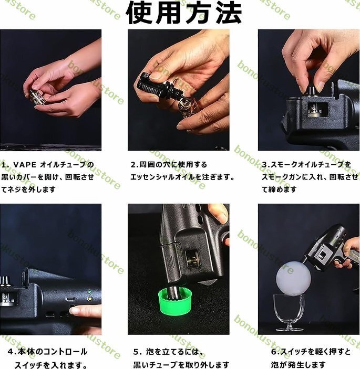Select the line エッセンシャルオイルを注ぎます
click(x=182, y=177)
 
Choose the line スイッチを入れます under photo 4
click(x=50, y=365)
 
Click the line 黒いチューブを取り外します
click(x=181, y=365)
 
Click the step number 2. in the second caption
click(x=135, y=165)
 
